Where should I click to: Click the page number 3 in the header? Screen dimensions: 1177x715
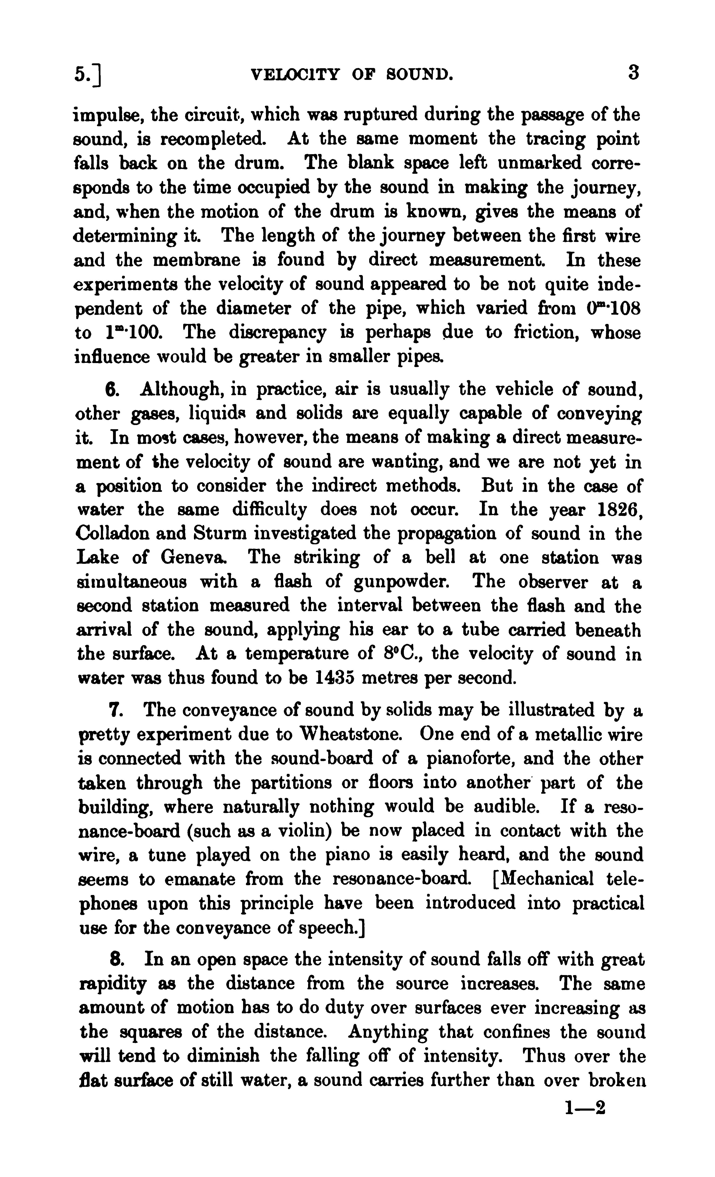[x=633, y=74]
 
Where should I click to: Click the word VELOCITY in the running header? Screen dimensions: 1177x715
[x=295, y=75]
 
